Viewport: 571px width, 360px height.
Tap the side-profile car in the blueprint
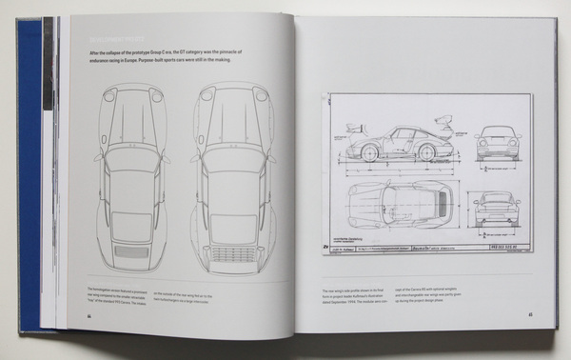401,142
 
